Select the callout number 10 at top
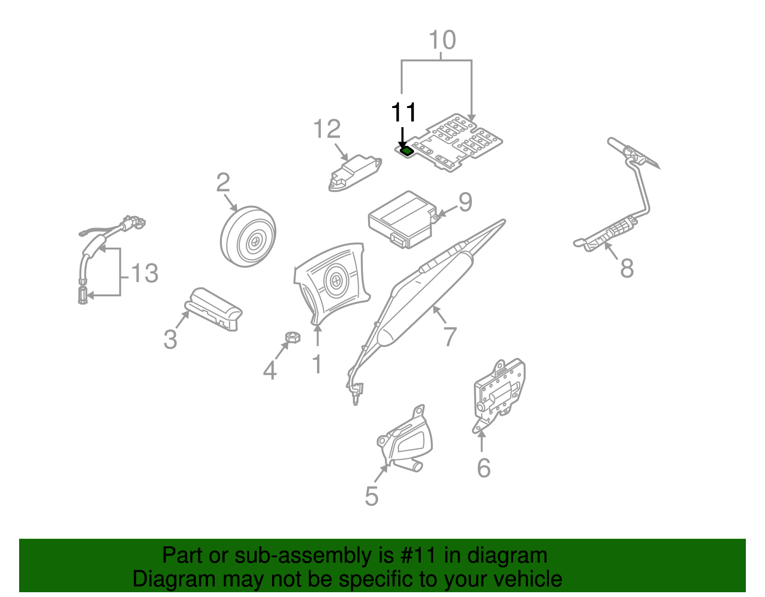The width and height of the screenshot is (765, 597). [x=442, y=40]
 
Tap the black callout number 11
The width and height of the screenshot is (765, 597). [x=404, y=113]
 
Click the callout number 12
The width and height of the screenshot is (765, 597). [x=327, y=129]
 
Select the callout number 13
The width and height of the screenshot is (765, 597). [x=144, y=273]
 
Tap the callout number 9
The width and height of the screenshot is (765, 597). [x=465, y=202]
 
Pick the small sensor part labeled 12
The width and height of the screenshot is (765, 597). [x=354, y=173]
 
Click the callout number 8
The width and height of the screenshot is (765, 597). [x=627, y=268]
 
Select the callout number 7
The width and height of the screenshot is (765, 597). [x=450, y=337]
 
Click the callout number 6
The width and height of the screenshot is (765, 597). [x=483, y=467]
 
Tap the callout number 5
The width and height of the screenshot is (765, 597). [x=371, y=496]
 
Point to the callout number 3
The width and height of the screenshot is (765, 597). [x=170, y=340]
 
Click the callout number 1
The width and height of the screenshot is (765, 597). [x=317, y=365]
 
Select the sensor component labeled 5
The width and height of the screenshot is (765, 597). [x=405, y=442]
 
